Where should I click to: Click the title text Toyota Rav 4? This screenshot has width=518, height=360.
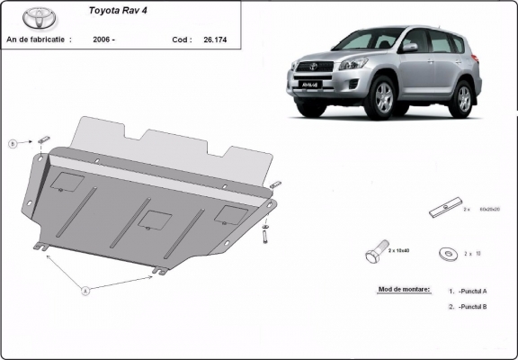[121, 12]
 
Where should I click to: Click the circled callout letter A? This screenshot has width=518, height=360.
[85, 290]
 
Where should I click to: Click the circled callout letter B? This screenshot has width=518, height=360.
[13, 143]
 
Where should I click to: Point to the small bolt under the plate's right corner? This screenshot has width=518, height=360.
[265, 236]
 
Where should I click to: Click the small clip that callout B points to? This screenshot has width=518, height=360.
[43, 139]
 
